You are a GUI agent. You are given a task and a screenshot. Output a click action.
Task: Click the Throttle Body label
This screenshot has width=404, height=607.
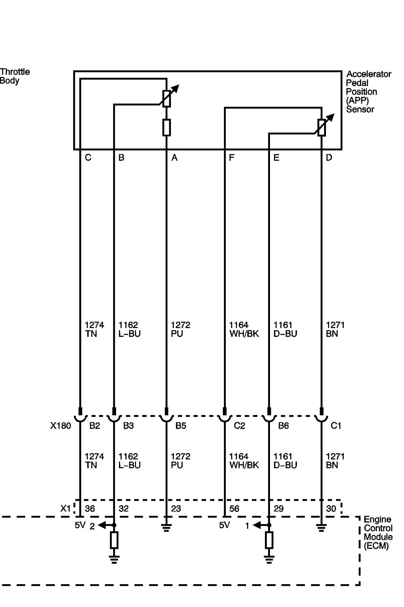pyautogui.click(x=15, y=76)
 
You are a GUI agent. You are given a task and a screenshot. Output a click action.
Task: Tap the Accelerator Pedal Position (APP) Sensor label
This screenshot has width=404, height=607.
pyautogui.click(x=368, y=92)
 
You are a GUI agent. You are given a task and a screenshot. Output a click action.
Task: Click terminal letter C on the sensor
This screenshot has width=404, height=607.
pyautogui.click(x=88, y=158)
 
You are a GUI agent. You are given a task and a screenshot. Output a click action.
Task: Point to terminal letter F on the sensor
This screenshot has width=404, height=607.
pyautogui.click(x=232, y=158)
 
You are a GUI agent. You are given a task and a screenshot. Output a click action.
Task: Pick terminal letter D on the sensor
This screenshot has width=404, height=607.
pyautogui.click(x=329, y=158)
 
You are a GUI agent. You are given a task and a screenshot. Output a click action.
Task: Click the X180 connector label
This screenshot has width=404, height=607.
pyautogui.click(x=61, y=426)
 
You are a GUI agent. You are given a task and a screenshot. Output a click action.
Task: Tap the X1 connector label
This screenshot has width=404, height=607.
pyautogui.click(x=65, y=508)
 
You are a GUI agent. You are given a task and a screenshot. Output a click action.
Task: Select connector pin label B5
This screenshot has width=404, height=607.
pyautogui.click(x=181, y=426)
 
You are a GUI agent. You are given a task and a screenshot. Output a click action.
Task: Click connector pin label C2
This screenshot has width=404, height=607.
pyautogui.click(x=239, y=426)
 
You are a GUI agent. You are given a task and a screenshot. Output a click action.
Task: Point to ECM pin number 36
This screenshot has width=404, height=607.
pyautogui.click(x=90, y=508)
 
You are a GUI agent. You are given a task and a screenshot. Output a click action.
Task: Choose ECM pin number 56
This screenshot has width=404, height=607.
pyautogui.click(x=234, y=508)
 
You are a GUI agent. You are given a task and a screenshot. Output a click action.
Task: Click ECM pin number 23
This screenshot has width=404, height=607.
pyautogui.click(x=176, y=508)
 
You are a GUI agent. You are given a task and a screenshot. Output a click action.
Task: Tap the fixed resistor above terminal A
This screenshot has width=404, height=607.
pyautogui.click(x=166, y=128)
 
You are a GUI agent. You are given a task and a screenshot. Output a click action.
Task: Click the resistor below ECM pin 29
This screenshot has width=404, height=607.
pyautogui.click(x=269, y=540)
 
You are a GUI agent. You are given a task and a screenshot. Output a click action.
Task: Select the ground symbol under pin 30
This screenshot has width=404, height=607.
pyautogui.click(x=321, y=528)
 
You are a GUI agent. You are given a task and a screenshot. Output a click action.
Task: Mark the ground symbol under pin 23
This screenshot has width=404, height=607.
pyautogui.click(x=166, y=528)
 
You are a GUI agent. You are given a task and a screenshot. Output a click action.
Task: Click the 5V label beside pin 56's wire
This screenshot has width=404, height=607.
pyautogui.click(x=224, y=525)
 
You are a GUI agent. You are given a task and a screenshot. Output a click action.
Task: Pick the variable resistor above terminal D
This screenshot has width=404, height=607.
pyautogui.click(x=322, y=127)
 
